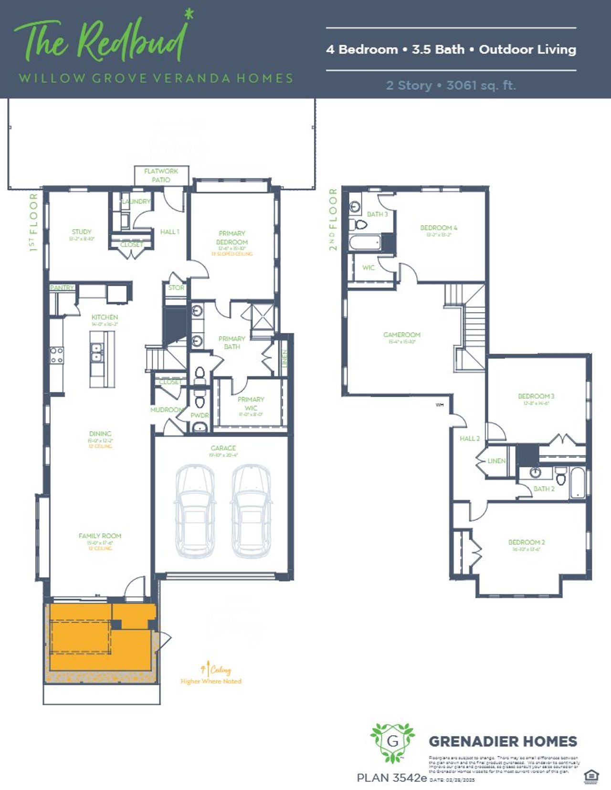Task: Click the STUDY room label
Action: point(82,232)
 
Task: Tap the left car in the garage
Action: point(195,510)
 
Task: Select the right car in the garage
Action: point(251,510)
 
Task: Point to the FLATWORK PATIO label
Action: point(161,175)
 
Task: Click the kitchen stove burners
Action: point(57,355)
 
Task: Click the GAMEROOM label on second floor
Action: point(402,335)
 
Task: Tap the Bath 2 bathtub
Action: point(577,483)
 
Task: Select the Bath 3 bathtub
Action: point(365,243)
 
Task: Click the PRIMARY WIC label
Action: point(251,404)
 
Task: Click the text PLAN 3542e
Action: point(391,778)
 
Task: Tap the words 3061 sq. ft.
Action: point(481,85)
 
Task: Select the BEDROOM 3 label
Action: point(536,396)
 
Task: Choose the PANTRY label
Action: point(62,288)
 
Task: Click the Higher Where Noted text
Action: point(211,681)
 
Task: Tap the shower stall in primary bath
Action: point(263,316)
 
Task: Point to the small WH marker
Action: point(439,405)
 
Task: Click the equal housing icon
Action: point(590,777)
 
